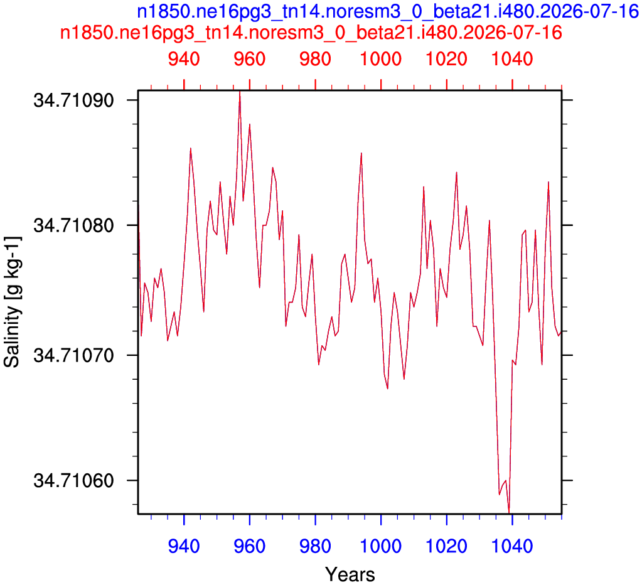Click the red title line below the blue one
coord(311,33)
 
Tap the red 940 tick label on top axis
coord(184,60)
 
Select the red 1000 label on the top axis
coord(381,60)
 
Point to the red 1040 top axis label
coord(512,60)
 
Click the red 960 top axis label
coord(250,60)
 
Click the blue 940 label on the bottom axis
coord(184,547)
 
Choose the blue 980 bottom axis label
coord(315,547)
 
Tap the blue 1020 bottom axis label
coord(447,547)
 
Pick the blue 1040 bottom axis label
coord(512,547)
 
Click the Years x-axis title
coord(350,575)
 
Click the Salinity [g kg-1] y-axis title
coord(12,302)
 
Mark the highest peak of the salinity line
coord(240,92)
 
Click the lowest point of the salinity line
coord(509,512)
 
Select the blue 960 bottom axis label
coord(250,547)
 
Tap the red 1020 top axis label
coord(447,60)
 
